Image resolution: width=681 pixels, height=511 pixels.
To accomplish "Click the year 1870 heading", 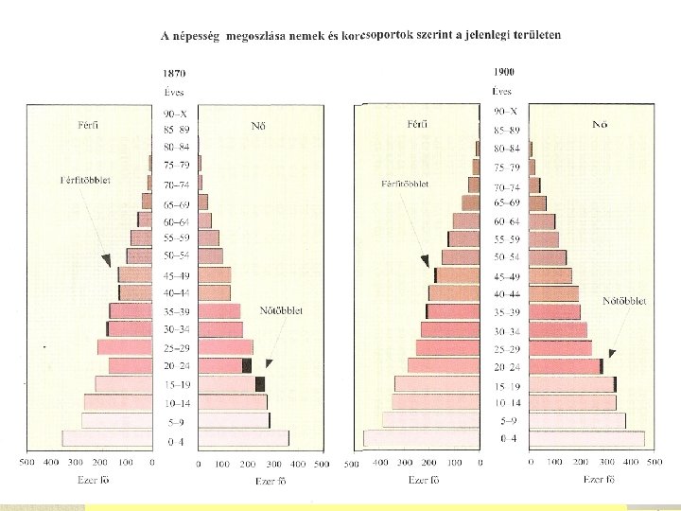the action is click(174, 73).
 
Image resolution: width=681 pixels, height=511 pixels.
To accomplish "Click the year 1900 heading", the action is click(504, 72).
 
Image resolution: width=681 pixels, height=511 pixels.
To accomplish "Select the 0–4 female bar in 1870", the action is click(244, 438).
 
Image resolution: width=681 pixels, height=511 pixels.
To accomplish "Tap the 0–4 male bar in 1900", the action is click(421, 438).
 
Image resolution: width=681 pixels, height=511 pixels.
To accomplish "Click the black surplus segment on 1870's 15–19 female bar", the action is click(260, 384).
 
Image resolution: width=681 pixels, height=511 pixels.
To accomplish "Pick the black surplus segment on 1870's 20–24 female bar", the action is click(247, 366).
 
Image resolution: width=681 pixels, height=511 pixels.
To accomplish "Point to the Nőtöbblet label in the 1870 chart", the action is click(281, 310).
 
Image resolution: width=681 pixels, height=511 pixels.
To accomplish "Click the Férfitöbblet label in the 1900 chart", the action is click(405, 184).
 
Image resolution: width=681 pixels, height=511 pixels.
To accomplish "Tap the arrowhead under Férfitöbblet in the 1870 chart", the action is click(107, 261).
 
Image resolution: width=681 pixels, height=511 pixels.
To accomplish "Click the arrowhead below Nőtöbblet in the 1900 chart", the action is click(612, 353).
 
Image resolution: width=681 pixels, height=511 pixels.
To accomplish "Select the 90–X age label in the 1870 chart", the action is click(175, 115).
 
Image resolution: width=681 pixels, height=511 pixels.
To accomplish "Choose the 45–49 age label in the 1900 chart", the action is click(506, 276).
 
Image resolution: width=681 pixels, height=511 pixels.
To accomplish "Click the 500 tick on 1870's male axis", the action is click(26, 463).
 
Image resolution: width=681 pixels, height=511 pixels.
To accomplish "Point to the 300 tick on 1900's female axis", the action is click(606, 462).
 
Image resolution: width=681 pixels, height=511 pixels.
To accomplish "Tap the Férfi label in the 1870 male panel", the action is click(88, 125).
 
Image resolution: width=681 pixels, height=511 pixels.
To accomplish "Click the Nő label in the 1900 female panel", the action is click(600, 124).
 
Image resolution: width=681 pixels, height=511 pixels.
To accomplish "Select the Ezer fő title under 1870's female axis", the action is click(271, 481).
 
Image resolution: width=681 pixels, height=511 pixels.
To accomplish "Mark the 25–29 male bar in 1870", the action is click(125, 347).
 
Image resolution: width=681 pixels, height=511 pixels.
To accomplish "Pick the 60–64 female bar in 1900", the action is click(542, 221).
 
